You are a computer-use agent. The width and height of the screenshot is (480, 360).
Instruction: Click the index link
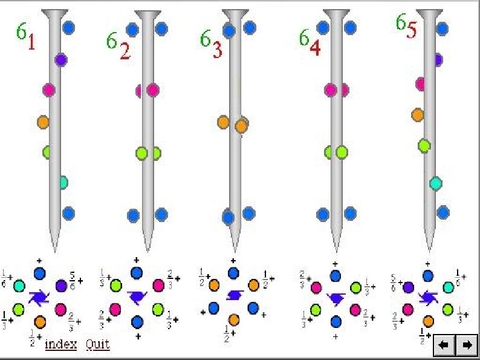pos(60,344)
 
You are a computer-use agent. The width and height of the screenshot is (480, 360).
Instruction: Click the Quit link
pos(97,344)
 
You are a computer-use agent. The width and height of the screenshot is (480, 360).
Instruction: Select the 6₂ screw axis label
pos(118,46)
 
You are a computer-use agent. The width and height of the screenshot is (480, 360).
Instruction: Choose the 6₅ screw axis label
pos(406,26)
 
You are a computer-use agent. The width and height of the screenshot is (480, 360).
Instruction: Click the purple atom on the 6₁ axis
pos(60,59)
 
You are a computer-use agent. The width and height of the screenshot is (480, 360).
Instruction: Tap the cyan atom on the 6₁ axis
pos(63,182)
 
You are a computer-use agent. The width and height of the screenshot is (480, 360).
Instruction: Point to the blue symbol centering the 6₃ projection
pos(233,295)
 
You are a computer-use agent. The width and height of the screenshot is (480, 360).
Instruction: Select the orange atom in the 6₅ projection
pos(428,321)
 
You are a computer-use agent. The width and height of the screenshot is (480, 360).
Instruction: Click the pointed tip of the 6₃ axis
pos(234,246)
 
